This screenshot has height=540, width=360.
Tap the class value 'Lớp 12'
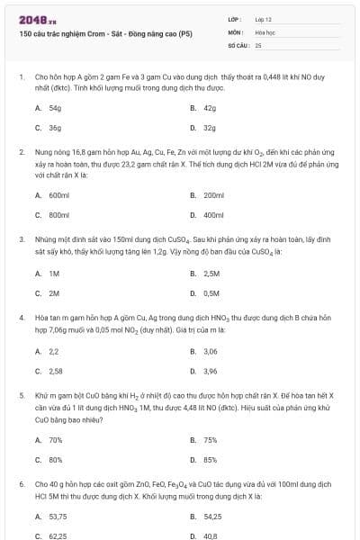(264, 19)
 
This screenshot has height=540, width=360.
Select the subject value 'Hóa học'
(265, 31)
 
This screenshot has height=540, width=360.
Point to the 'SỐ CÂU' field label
(238, 44)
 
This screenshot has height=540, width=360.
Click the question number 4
(22, 318)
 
